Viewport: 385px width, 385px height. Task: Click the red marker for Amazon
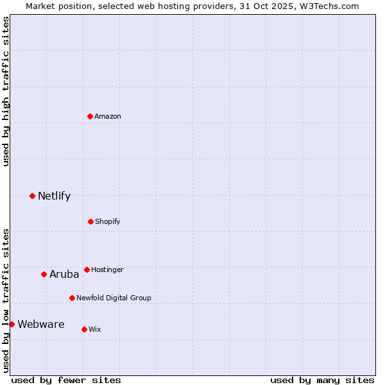90,116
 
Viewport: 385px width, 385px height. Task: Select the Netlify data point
32,196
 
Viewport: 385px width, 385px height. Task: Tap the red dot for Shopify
90,221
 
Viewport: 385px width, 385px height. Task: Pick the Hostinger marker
87,269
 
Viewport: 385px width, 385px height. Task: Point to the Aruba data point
44,274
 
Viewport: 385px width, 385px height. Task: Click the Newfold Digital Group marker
72,298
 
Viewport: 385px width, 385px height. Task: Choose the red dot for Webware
12,324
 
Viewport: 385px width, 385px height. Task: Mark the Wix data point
84,329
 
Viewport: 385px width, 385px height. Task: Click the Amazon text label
108,116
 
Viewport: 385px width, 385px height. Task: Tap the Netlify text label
54,196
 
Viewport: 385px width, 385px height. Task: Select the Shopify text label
108,221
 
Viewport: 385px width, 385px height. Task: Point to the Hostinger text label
107,269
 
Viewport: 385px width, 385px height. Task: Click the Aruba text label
64,274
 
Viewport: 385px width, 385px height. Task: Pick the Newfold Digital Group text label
114,298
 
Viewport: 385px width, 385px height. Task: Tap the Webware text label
40,324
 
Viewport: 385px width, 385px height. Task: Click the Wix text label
95,329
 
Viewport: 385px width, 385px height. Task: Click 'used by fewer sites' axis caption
66,380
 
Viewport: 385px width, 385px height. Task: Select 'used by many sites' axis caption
322,380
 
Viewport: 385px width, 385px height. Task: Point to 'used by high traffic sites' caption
6,91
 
